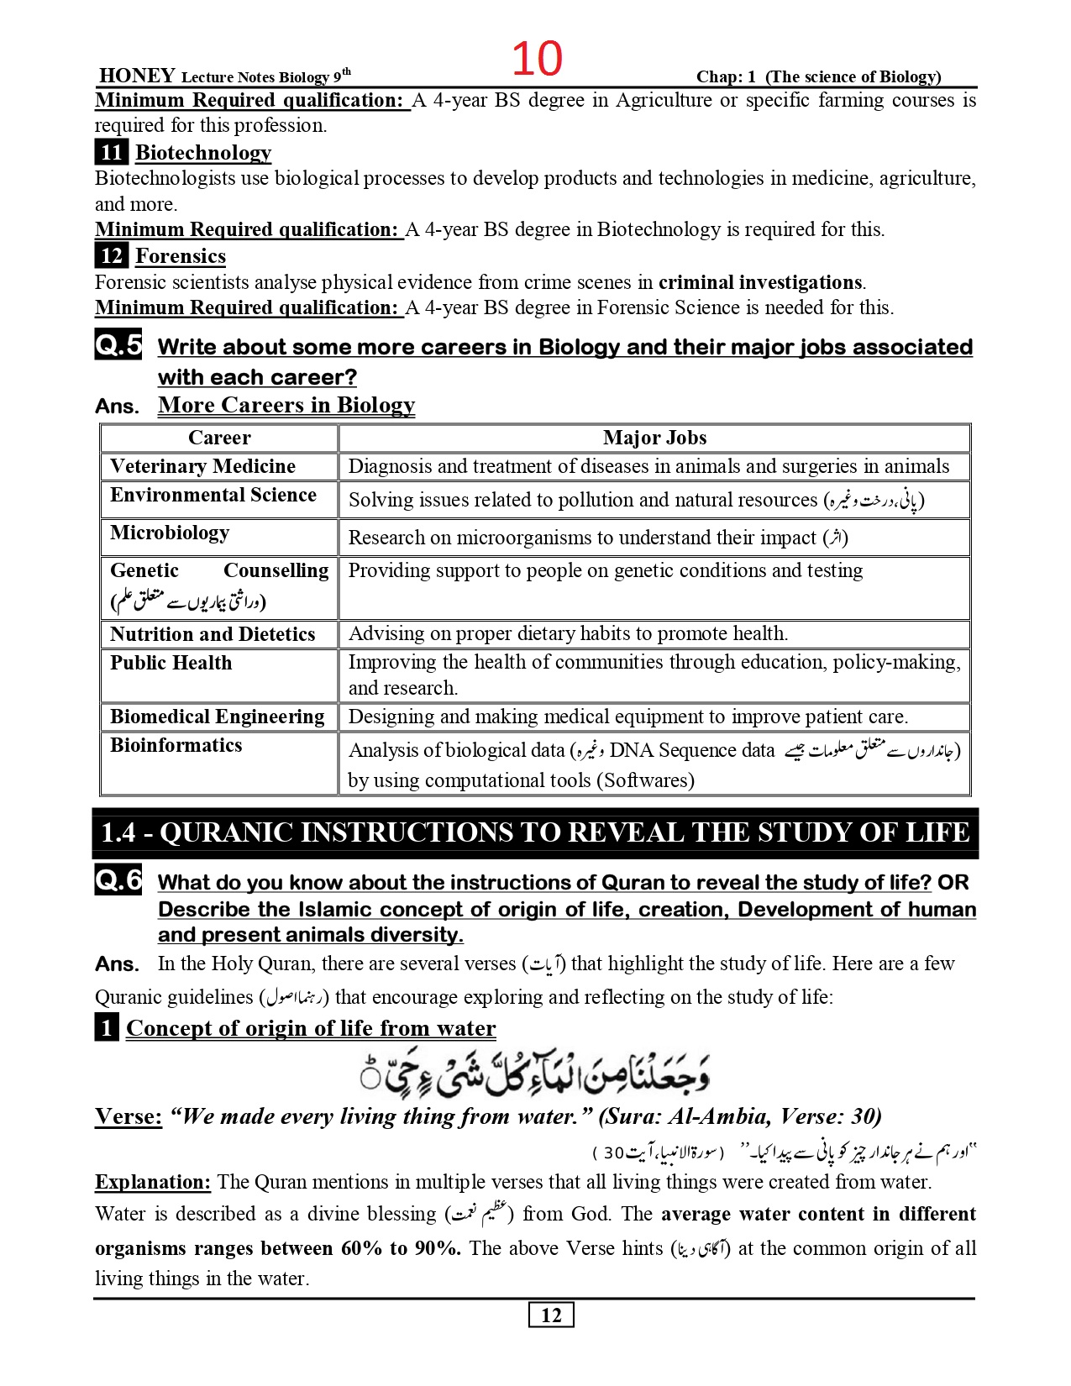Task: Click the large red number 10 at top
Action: click(x=537, y=59)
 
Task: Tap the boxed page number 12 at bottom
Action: click(x=551, y=1315)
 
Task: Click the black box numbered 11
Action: click(x=111, y=152)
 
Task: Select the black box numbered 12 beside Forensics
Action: click(x=111, y=255)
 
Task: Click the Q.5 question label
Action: click(x=118, y=344)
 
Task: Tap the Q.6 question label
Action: click(x=118, y=880)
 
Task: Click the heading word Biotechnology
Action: click(x=203, y=153)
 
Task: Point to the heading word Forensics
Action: click(x=181, y=256)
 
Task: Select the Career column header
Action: click(x=219, y=438)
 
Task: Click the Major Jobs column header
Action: click(x=654, y=438)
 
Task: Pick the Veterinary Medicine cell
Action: click(x=202, y=466)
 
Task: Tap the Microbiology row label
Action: click(x=170, y=533)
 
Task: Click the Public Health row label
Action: click(x=171, y=663)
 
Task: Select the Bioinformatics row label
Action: click(x=176, y=745)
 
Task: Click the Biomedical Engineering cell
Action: click(x=217, y=717)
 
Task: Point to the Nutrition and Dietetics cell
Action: click(x=213, y=634)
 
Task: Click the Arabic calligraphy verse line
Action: click(x=535, y=1073)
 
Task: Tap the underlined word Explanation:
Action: click(x=153, y=1182)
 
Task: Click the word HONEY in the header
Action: click(x=137, y=76)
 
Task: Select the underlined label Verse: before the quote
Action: click(x=129, y=1116)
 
